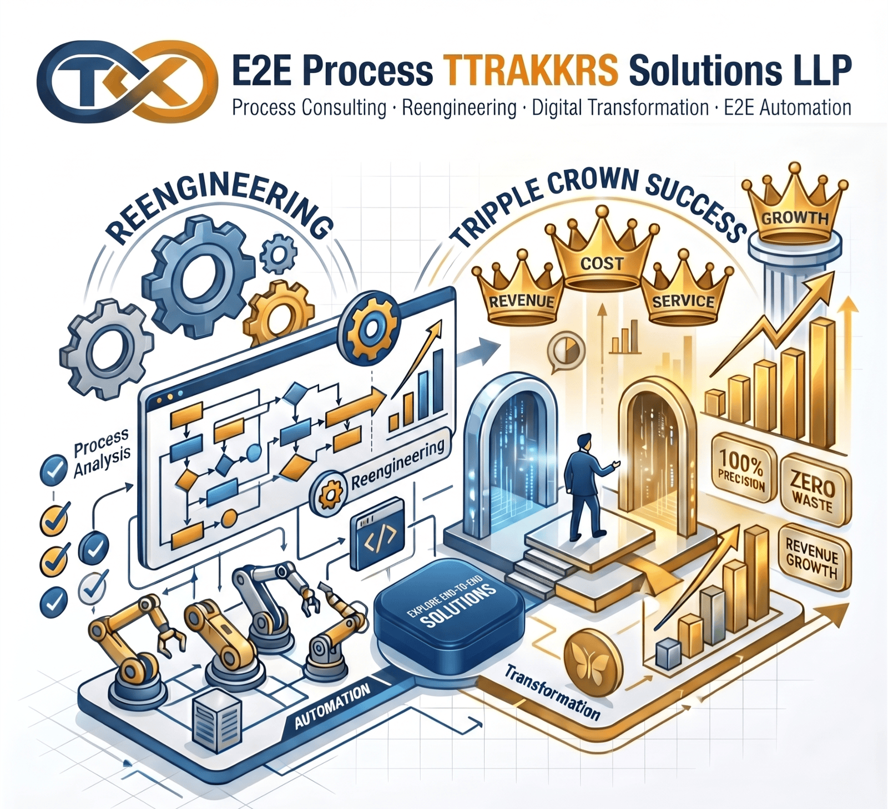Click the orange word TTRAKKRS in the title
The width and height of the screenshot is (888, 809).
[x=531, y=70]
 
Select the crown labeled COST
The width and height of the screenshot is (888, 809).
[x=602, y=250]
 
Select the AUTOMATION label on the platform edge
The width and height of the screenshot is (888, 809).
[x=332, y=706]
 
